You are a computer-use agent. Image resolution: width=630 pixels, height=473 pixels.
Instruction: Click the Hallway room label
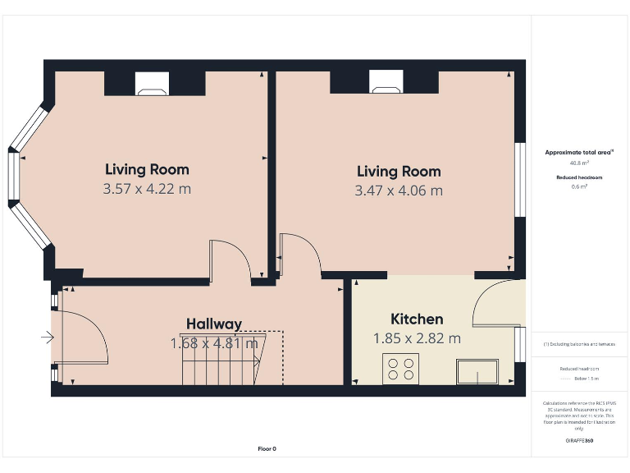click(x=213, y=324)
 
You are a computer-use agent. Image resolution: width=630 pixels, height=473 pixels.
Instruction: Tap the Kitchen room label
click(x=417, y=319)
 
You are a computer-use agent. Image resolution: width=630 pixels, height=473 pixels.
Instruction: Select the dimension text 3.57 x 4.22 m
click(x=147, y=189)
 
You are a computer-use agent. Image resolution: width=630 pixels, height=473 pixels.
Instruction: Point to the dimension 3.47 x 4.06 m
click(x=399, y=191)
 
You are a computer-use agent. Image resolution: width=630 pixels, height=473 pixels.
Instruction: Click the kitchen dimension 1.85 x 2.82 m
click(x=417, y=338)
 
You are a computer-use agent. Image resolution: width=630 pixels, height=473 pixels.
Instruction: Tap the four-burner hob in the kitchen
click(x=400, y=369)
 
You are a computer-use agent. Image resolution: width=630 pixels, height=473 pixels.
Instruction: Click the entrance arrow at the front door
click(x=47, y=336)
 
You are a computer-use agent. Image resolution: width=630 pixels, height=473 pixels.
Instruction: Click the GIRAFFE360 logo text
click(x=579, y=441)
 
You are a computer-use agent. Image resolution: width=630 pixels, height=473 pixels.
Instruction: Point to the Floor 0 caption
click(x=267, y=448)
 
